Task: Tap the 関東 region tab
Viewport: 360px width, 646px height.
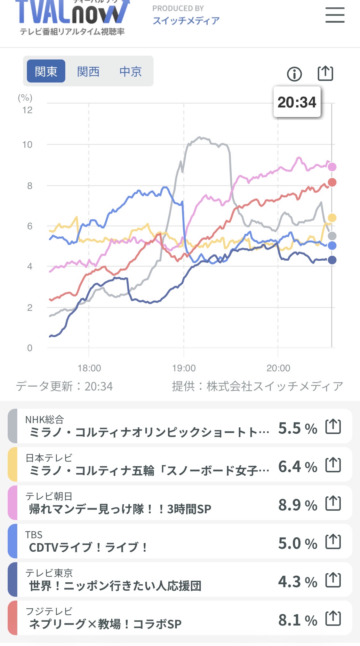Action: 46,71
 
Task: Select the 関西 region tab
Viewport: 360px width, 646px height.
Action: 88,71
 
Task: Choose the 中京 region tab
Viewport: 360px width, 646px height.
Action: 131,71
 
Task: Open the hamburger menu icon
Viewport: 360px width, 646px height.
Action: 335,15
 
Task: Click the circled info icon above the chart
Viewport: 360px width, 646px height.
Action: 294,74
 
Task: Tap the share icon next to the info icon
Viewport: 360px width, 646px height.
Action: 325,73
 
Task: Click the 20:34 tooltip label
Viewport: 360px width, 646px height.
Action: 297,102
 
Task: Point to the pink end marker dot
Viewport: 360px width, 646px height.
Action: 332,167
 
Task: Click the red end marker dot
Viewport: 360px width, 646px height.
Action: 332,182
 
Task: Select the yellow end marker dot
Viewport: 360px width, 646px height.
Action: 332,218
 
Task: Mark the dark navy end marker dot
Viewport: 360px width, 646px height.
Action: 332,260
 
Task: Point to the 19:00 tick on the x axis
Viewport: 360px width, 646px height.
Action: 184,368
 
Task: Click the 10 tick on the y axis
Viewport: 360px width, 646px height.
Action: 28,145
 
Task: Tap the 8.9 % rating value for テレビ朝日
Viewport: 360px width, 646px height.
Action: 298,505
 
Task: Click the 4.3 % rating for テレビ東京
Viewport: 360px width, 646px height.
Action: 298,582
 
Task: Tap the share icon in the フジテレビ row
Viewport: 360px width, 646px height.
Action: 333,618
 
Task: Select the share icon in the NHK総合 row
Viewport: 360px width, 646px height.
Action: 333,426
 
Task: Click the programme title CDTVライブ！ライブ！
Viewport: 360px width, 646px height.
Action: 88,547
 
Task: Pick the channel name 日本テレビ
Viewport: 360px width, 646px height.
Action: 49,458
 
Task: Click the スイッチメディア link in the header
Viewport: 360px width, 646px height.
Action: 186,20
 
